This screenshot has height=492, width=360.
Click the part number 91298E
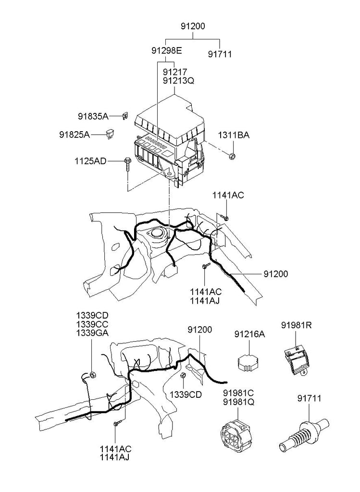(x=167, y=50)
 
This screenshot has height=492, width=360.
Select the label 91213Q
(x=179, y=81)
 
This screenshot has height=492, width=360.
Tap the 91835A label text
(x=93, y=116)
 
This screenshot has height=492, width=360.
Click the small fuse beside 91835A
(x=126, y=116)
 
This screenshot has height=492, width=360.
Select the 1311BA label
(x=234, y=135)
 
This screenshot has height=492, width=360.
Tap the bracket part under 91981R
(x=297, y=361)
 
